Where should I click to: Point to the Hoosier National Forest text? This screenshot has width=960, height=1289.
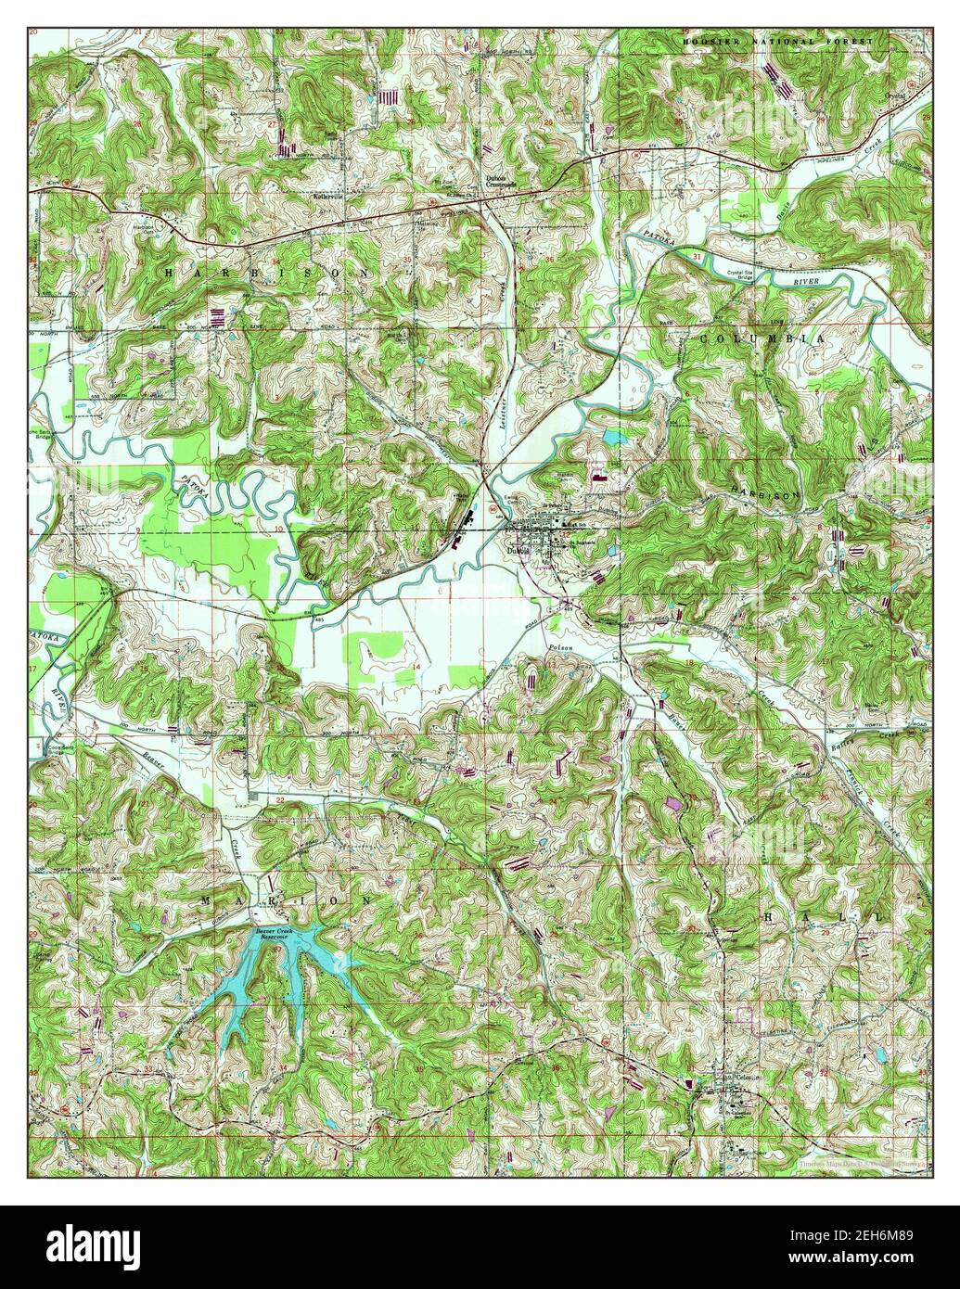pos(778,43)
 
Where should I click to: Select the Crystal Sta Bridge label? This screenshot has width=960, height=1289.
pos(746,274)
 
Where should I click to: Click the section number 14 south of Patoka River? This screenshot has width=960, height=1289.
pos(416,667)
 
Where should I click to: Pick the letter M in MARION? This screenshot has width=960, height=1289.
pos(207,900)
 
